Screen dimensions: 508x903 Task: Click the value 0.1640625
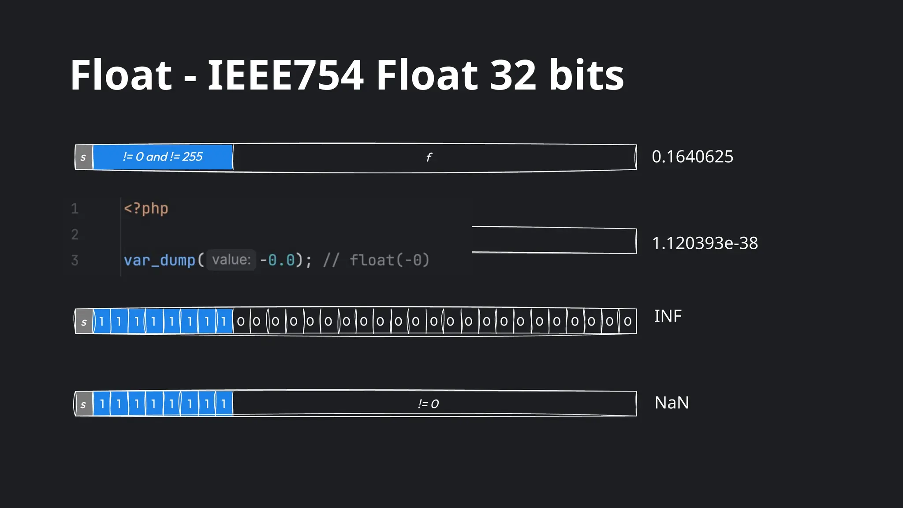pos(692,157)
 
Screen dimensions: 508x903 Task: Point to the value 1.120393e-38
pos(705,243)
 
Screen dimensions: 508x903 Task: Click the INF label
pos(668,316)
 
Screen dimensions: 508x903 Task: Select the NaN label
pos(671,403)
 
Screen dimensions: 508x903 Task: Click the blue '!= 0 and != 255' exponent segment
pos(163,157)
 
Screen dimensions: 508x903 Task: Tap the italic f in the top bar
pos(429,157)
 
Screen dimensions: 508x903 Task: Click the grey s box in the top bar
pos(84,157)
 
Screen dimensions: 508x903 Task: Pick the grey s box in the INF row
pos(84,322)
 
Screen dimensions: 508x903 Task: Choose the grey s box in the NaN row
pos(84,404)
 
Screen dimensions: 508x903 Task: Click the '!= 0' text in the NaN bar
pos(428,404)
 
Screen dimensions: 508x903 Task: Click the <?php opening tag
pos(146,208)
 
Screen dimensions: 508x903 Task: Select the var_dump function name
pos(159,260)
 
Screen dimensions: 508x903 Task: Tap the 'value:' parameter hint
pos(231,260)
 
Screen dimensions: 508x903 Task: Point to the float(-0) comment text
pos(389,260)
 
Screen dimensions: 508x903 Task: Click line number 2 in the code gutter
pos(75,234)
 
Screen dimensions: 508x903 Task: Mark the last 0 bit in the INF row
pos(627,321)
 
